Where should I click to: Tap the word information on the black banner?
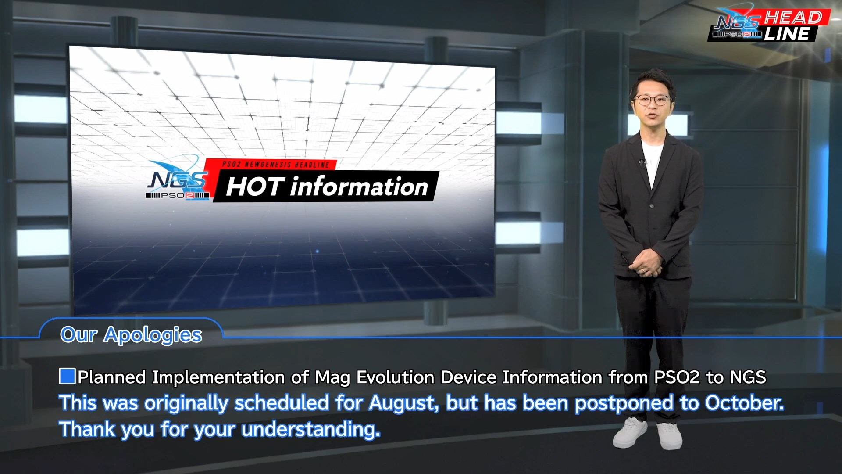pos(359,186)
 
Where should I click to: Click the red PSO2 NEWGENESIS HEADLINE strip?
pos(271,164)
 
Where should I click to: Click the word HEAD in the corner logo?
pos(793,18)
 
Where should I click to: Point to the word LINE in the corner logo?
pos(787,34)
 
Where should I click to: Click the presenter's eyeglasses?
pos(652,100)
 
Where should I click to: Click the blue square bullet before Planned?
pos(67,377)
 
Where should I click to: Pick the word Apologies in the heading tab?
pos(153,335)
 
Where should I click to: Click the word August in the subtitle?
pos(403,403)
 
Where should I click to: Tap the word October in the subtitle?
pos(744,403)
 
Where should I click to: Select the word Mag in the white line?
pos(332,378)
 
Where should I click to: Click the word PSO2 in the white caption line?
pos(677,377)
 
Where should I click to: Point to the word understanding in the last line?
pos(310,429)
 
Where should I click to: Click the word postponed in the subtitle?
pos(624,403)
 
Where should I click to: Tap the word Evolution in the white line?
pos(395,377)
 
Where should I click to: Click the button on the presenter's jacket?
pos(652,206)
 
